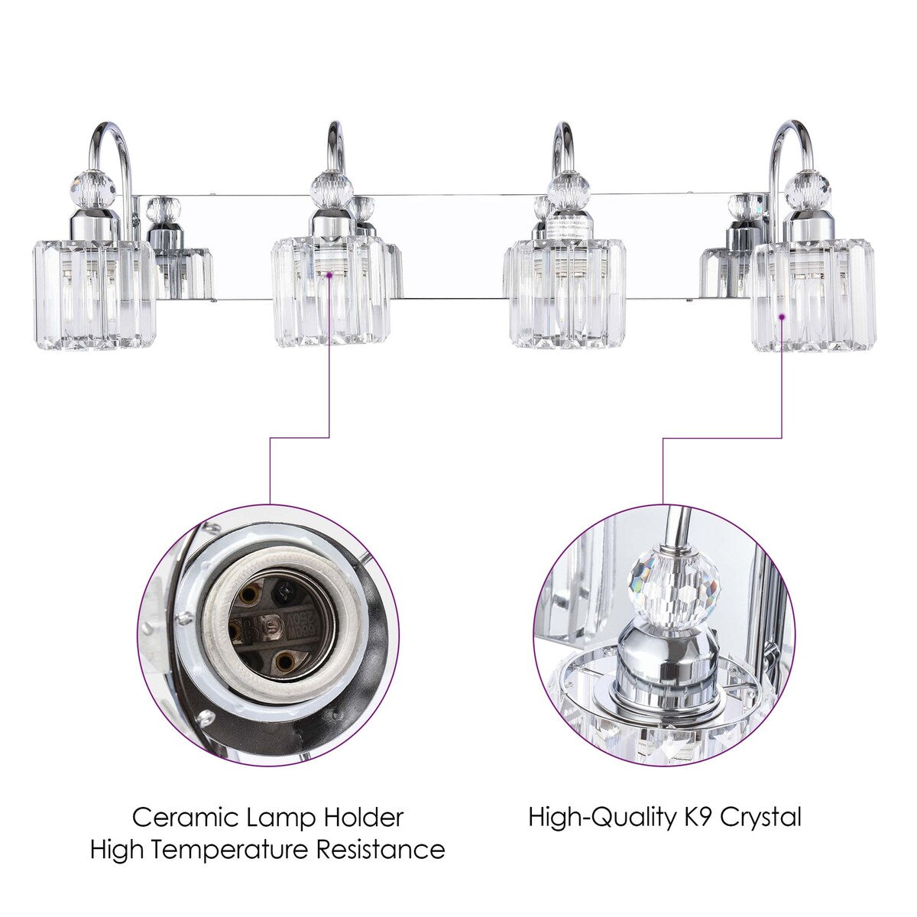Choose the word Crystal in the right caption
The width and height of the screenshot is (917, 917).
tap(760, 817)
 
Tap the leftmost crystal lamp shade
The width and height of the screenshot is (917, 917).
tap(93, 294)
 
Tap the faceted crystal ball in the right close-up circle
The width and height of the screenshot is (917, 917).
tap(674, 585)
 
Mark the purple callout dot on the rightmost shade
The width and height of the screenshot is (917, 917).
tap(783, 315)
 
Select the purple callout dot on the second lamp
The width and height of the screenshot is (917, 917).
tap(330, 273)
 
